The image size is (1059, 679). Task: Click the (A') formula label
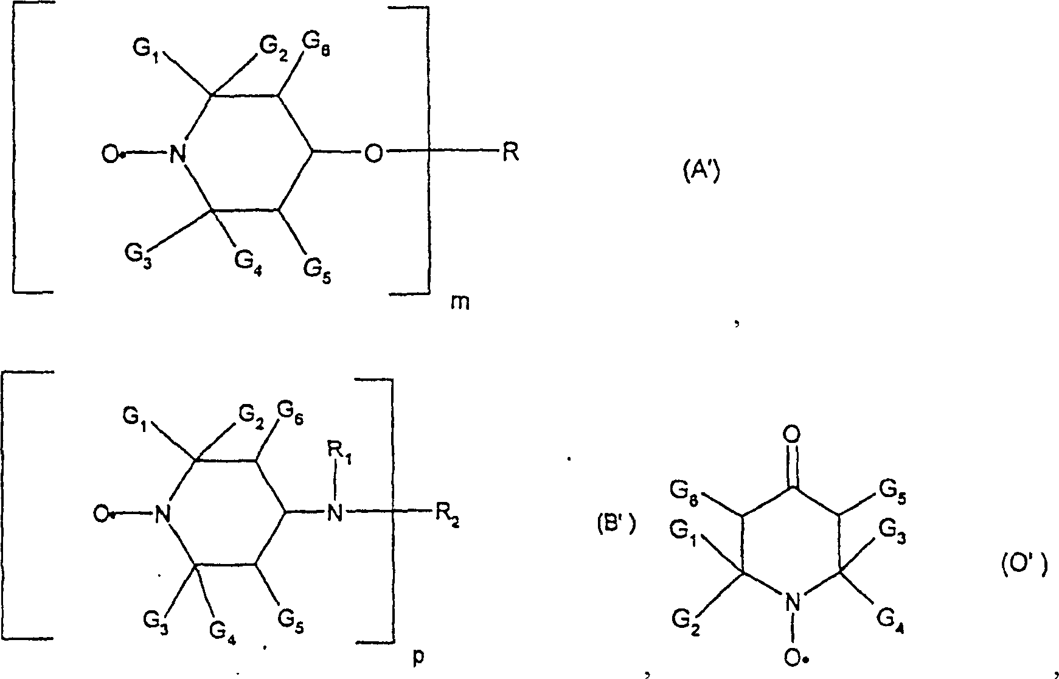coord(699,174)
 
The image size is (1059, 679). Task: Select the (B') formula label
coord(616,524)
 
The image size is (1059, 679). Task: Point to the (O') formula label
coord(1024,566)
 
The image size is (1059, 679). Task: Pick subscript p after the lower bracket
coord(418,659)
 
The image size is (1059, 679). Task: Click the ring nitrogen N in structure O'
coord(791,604)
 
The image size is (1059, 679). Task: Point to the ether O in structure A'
coord(373,154)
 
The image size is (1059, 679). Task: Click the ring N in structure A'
coord(177,154)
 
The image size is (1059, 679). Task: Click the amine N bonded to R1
coord(334,513)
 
